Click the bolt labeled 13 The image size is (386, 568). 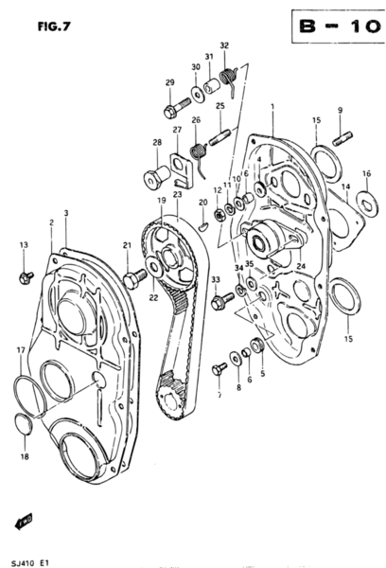pos(26,276)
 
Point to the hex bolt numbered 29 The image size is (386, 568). pos(172,111)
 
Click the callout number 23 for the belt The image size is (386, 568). pos(177,194)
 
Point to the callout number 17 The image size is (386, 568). pos(20,350)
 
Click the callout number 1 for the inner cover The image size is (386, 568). pos(271,111)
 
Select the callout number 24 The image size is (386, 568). pos(302,266)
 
